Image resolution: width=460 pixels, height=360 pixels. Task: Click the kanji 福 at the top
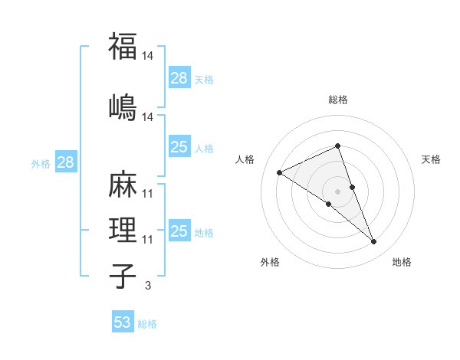pyautogui.click(x=123, y=46)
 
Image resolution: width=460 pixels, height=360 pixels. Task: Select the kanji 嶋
pyautogui.click(x=123, y=106)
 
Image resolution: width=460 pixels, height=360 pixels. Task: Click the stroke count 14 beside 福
pyautogui.click(x=148, y=56)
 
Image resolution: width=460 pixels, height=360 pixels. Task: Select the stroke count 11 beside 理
pyautogui.click(x=148, y=240)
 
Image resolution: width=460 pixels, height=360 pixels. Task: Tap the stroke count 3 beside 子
pyautogui.click(x=148, y=286)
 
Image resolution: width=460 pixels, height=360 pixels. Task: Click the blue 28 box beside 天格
pyautogui.click(x=179, y=78)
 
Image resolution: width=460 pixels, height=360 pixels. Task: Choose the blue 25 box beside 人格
pyautogui.click(x=179, y=147)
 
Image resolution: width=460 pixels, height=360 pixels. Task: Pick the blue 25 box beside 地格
pyautogui.click(x=179, y=231)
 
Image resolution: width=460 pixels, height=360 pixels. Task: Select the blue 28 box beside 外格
pyautogui.click(x=65, y=162)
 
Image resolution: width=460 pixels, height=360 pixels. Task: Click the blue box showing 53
pyautogui.click(x=123, y=322)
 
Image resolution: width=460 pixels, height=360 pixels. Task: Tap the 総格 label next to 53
pyautogui.click(x=147, y=324)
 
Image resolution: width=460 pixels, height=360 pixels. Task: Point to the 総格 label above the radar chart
pyautogui.click(x=338, y=100)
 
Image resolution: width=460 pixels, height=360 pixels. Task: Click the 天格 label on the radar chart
pyautogui.click(x=431, y=159)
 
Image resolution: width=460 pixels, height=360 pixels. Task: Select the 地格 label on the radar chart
pyautogui.click(x=402, y=262)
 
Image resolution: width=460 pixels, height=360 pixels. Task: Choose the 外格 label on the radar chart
pyautogui.click(x=270, y=262)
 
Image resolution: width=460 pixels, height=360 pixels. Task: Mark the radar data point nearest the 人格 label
pyautogui.click(x=279, y=172)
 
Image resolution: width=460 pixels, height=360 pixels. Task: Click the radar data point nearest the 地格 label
pyautogui.click(x=374, y=242)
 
